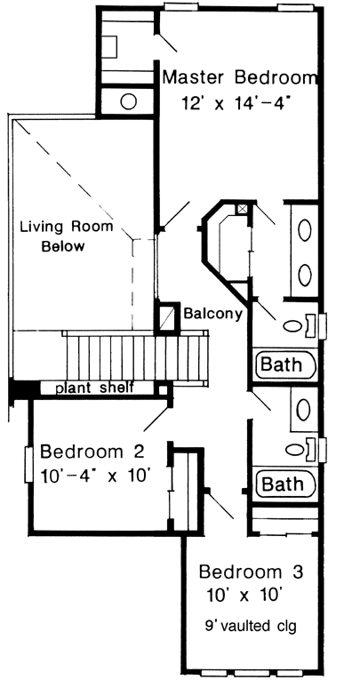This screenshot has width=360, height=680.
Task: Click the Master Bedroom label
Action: [239, 77]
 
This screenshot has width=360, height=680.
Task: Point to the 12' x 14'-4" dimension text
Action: [237, 102]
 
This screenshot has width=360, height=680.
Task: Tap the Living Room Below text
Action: [66, 236]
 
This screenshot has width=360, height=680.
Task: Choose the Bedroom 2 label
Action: [92, 449]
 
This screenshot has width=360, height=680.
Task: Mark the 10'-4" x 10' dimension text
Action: [92, 475]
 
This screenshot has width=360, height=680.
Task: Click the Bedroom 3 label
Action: [252, 570]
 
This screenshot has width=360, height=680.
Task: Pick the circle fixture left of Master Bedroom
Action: [128, 100]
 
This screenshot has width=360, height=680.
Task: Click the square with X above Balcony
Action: [242, 209]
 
